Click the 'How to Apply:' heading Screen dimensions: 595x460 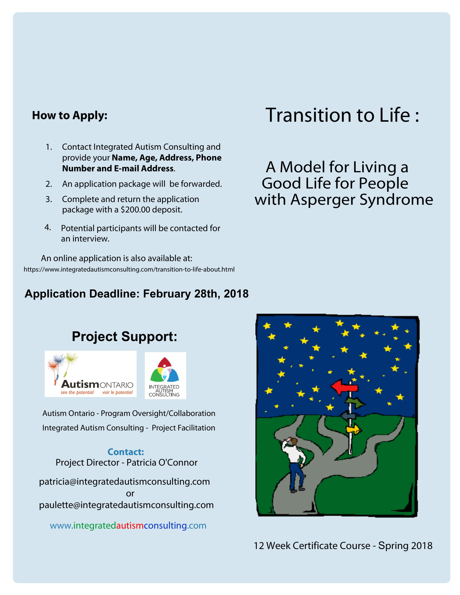tap(70, 115)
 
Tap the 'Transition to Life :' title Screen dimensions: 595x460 tap(342, 115)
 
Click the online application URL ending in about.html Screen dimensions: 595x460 tap(129, 269)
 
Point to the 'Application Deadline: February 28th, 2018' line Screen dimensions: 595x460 tap(137, 294)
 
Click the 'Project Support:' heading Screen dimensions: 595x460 tap(124, 336)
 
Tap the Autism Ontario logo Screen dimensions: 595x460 tap(90, 374)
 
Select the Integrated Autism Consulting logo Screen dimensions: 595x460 tap(165, 375)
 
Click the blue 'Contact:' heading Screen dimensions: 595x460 tap(126, 452)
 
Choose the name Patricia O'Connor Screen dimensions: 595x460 tap(162, 462)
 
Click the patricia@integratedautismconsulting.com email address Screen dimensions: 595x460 tap(124, 481)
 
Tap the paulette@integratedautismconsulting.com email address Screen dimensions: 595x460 tap(126, 505)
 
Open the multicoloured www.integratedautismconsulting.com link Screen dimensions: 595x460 tap(128, 525)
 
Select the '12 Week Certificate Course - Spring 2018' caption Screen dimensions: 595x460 tap(343, 546)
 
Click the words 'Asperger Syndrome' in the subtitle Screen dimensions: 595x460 tap(362, 200)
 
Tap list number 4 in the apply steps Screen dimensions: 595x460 tap(48, 227)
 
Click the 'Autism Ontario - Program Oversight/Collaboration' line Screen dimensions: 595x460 tap(129, 413)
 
